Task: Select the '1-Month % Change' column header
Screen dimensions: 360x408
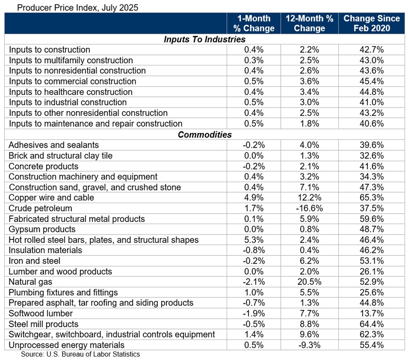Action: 253,24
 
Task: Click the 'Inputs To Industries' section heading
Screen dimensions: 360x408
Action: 204,39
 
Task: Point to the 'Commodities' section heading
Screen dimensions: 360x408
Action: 204,135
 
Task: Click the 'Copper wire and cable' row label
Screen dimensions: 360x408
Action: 51,198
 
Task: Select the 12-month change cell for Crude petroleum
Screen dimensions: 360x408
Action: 309,208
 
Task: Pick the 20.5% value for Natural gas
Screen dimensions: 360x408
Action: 309,282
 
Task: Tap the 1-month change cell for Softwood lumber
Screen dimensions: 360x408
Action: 253,313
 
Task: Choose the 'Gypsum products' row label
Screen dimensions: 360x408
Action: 42,229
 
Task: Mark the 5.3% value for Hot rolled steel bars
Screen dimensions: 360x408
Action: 253,240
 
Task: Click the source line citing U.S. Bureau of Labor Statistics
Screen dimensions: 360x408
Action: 80,354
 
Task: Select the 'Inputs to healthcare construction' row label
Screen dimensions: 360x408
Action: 70,92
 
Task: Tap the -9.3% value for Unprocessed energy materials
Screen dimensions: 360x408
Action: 309,345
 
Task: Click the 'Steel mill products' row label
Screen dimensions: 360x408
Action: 44,324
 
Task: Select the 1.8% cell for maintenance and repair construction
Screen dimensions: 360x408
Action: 309,124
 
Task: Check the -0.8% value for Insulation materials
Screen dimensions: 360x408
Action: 253,250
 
